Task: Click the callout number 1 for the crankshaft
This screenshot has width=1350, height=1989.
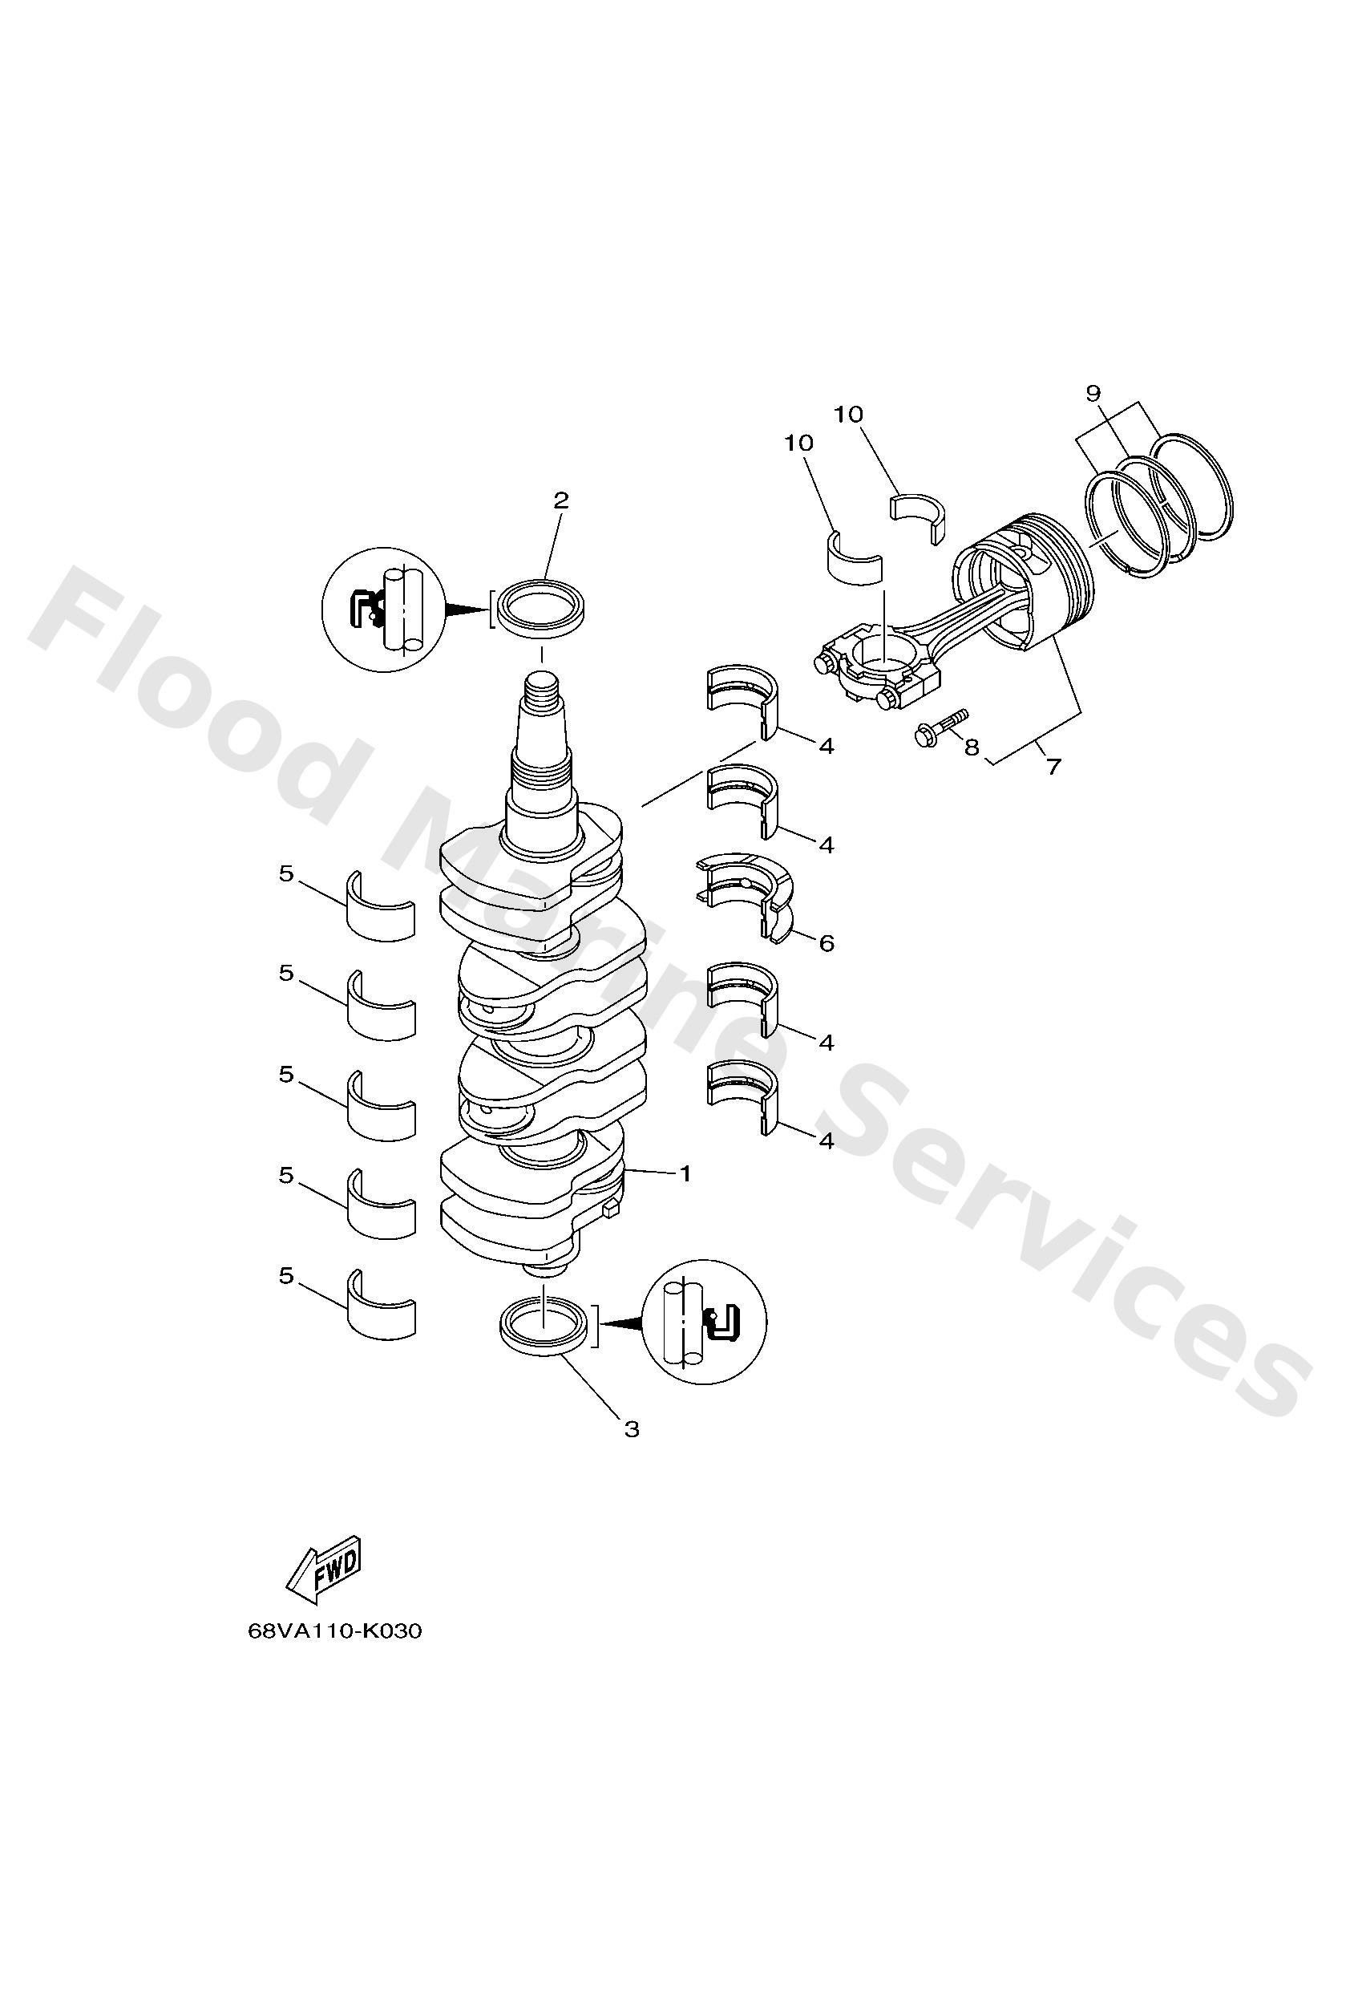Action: (x=685, y=1173)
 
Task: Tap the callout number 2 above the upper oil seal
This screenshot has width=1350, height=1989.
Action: (x=560, y=500)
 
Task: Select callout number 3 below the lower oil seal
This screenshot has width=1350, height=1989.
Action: (x=632, y=1429)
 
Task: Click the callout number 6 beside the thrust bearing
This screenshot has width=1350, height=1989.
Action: (x=826, y=943)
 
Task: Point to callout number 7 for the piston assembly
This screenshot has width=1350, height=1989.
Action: (x=1053, y=766)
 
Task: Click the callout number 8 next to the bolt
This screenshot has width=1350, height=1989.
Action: (x=971, y=747)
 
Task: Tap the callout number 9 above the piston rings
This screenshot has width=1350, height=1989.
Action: (x=1093, y=394)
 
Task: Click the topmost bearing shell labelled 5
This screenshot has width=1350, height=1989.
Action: (x=380, y=909)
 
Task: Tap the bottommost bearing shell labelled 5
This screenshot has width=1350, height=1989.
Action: (x=380, y=1310)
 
